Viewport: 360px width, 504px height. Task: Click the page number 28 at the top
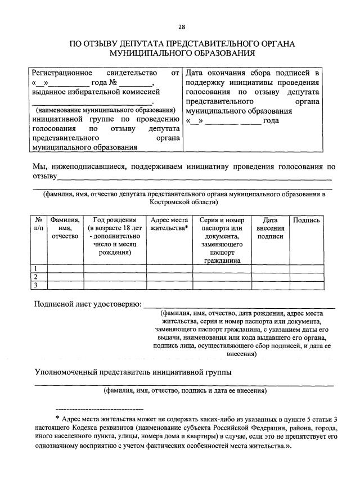(x=182, y=26)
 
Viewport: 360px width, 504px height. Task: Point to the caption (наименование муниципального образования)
(x=105, y=110)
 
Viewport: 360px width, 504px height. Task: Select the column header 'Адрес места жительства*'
(x=169, y=224)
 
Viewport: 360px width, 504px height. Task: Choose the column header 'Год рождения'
(x=114, y=220)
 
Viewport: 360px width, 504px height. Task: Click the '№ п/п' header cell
(x=38, y=224)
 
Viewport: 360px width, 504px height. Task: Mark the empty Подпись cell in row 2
(x=307, y=277)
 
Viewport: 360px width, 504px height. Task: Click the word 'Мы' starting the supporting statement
(x=40, y=166)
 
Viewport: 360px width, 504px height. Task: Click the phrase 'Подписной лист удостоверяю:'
(x=87, y=304)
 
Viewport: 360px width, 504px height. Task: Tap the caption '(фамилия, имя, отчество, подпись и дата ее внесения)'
(x=184, y=390)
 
